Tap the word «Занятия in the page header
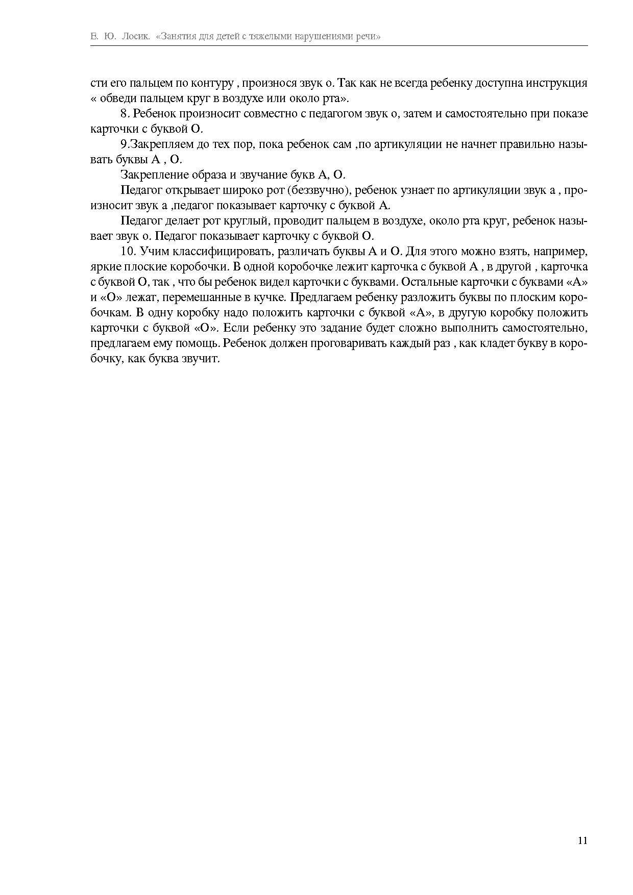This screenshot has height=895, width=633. pyautogui.click(x=175, y=37)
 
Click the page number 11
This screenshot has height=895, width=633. pyautogui.click(x=582, y=840)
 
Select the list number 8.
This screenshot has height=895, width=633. pyautogui.click(x=125, y=113)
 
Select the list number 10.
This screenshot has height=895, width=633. pyautogui.click(x=128, y=252)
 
